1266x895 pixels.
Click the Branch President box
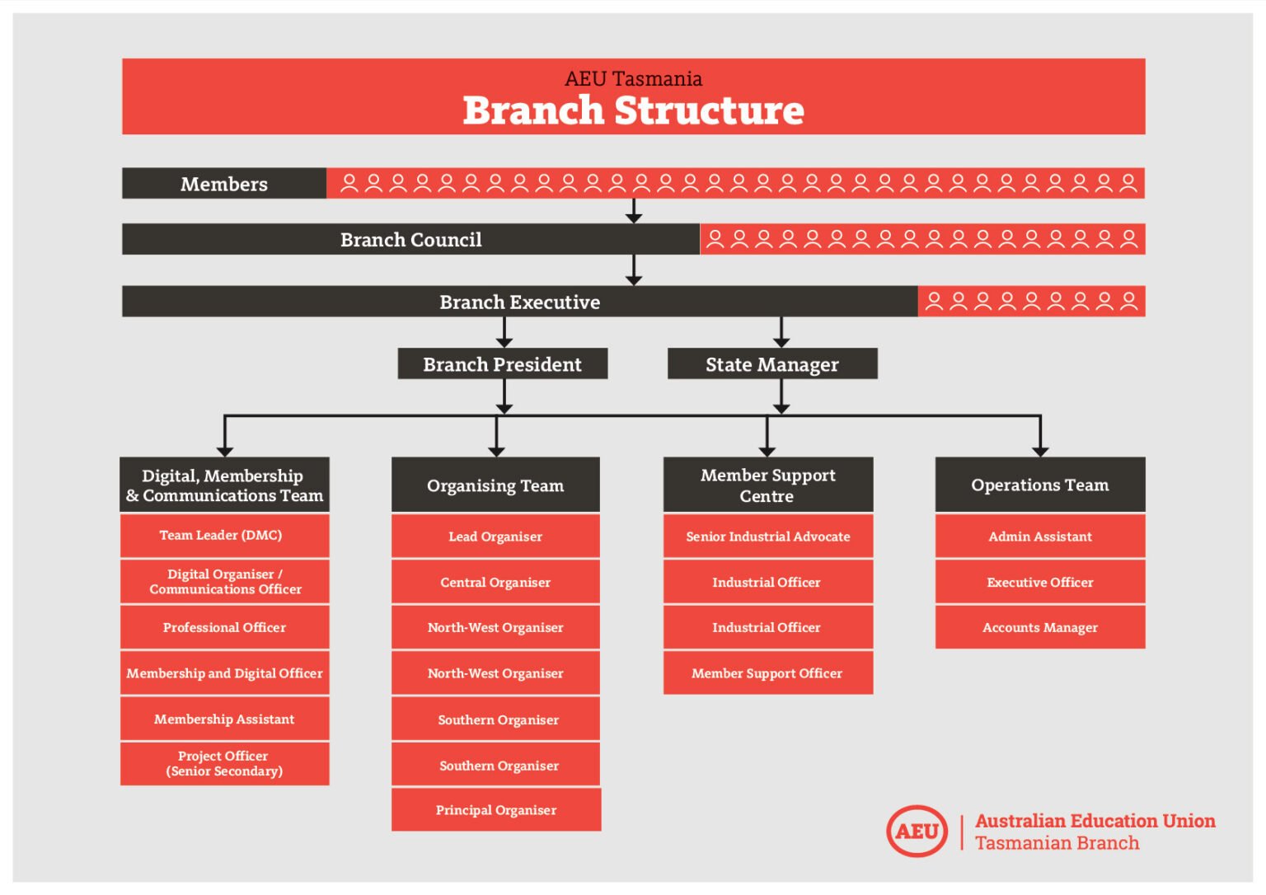click(502, 363)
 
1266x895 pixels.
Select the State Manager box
click(771, 363)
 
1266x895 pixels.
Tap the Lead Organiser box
click(495, 537)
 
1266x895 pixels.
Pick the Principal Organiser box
click(495, 810)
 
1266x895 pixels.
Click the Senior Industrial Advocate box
click(767, 537)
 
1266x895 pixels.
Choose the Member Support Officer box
click(767, 673)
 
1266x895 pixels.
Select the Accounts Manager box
click(1039, 627)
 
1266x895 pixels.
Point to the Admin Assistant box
click(1039, 537)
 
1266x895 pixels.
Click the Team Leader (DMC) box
click(224, 536)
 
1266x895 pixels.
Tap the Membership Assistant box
click(224, 719)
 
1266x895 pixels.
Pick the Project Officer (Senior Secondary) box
click(224, 763)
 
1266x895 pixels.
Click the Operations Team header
click(1039, 485)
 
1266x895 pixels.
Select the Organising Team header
click(495, 485)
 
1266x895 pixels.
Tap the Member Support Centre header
click(767, 485)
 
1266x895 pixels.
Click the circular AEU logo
click(917, 831)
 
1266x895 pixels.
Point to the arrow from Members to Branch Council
click(633, 211)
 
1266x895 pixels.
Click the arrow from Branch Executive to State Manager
click(781, 332)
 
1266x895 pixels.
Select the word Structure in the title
click(709, 110)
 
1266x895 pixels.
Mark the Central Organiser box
click(495, 582)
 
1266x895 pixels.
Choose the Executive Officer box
click(1039, 582)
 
